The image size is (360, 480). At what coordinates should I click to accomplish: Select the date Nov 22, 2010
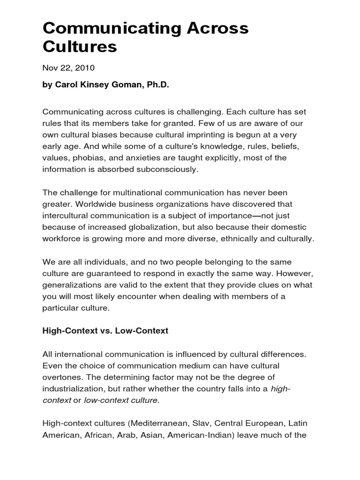pyautogui.click(x=68, y=68)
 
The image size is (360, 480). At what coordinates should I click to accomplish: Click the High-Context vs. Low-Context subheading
pyautogui.click(x=105, y=331)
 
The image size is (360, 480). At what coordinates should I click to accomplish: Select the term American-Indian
pyautogui.click(x=201, y=435)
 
